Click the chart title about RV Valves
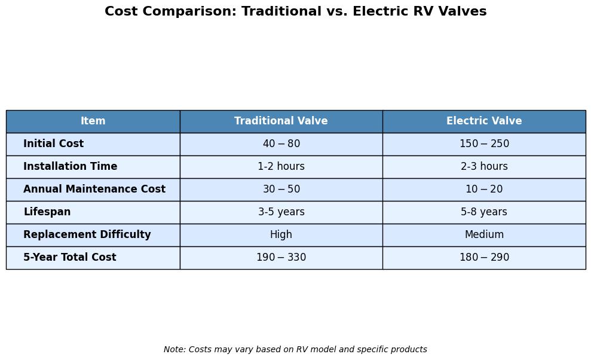coord(295,12)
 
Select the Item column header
coord(93,121)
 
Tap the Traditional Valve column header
coord(281,121)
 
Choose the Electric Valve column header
coord(484,121)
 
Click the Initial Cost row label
coord(54,144)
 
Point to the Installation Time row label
coord(71,167)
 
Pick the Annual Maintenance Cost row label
coord(94,190)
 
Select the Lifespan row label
coord(47,212)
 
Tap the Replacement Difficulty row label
coord(87,235)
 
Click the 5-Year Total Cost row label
coord(70,258)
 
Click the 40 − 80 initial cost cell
coord(281,144)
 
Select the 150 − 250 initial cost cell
coord(484,144)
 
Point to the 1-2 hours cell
coord(281,167)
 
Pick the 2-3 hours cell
coord(484,167)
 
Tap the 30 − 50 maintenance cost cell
coord(281,190)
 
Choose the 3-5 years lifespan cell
coord(281,212)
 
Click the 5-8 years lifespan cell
coord(484,212)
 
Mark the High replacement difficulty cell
coord(281,235)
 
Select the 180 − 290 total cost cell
coord(484,258)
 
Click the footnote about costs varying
coord(295,350)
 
